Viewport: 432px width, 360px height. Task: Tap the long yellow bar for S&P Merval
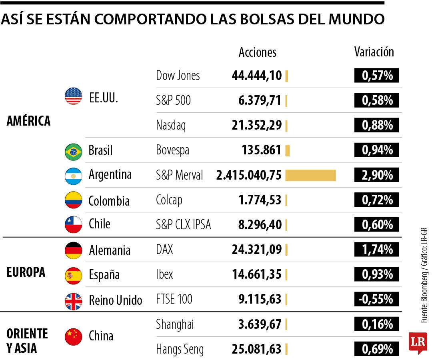click(x=310, y=175)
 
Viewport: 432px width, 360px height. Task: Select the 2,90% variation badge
click(x=376, y=175)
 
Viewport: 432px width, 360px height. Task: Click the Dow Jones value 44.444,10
click(x=256, y=76)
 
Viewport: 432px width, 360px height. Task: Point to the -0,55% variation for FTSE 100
click(x=376, y=299)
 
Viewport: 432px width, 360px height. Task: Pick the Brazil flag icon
click(x=73, y=151)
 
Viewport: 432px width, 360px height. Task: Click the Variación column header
click(x=374, y=52)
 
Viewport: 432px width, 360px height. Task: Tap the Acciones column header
click(x=257, y=52)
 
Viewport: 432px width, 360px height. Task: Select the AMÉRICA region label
click(x=28, y=121)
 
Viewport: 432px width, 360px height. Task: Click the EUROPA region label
click(x=26, y=272)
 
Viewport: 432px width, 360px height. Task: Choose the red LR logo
click(x=418, y=342)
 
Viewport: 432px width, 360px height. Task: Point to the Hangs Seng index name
click(x=180, y=349)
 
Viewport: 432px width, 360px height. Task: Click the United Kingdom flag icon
click(x=73, y=301)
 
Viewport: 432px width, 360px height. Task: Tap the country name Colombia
click(x=109, y=200)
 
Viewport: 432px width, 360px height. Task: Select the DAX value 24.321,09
click(x=256, y=250)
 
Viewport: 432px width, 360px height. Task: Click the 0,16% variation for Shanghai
click(x=376, y=324)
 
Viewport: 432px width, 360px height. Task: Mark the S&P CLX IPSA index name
click(x=183, y=225)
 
